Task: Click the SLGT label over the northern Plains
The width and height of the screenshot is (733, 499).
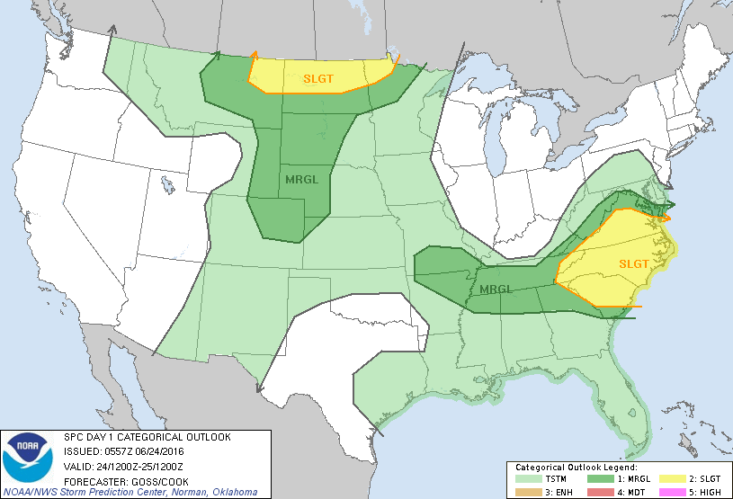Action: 318,79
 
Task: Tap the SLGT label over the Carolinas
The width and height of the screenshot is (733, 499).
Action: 634,263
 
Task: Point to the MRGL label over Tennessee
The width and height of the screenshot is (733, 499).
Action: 496,290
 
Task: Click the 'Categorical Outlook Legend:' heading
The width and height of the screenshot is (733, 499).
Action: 576,468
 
